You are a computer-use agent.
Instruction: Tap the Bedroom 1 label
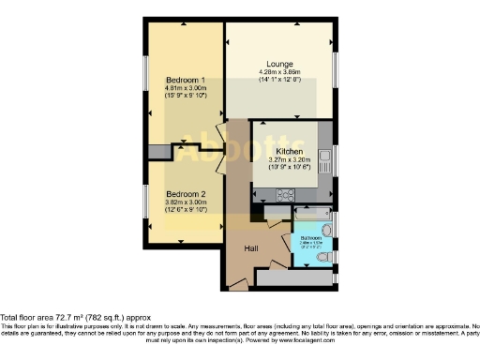185,80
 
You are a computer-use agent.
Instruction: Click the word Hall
252,248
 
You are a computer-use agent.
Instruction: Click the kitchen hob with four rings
285,195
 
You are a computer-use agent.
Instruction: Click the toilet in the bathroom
323,254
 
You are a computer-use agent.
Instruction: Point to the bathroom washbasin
326,229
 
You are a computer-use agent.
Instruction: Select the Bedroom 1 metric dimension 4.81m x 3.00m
185,88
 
